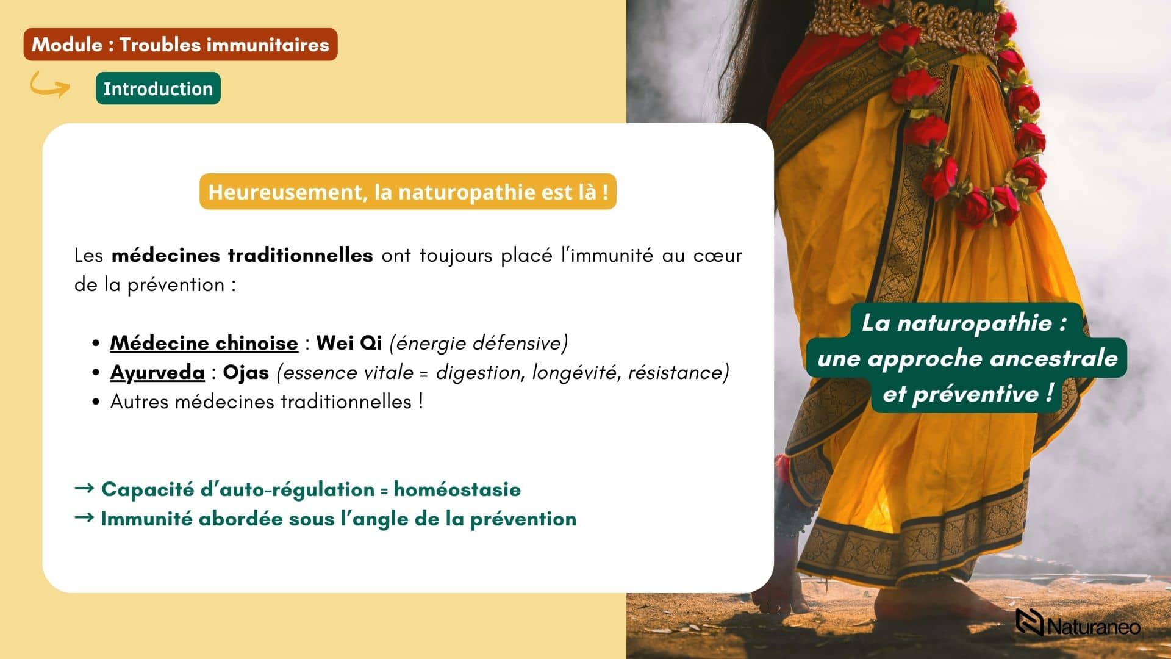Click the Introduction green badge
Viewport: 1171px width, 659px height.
158,88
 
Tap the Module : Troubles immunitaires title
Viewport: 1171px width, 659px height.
181,45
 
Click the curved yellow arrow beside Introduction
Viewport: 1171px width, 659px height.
50,85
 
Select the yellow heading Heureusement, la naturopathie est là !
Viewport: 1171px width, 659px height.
408,192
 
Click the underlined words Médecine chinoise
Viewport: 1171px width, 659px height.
204,343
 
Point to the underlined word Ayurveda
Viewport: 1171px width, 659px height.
157,372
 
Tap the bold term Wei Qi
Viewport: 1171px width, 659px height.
349,343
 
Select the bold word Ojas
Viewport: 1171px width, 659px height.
246,372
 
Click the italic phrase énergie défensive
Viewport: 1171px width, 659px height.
479,343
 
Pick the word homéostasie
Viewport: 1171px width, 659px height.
457,489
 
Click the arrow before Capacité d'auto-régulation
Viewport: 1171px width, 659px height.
84,488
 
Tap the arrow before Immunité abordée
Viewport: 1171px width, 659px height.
84,517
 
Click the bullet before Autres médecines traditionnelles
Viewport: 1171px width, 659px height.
96,402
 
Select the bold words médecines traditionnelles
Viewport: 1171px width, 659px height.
242,255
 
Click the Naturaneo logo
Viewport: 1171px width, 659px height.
1078,623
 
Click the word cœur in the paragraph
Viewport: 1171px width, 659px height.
717,255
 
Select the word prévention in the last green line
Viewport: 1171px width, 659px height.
523,519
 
